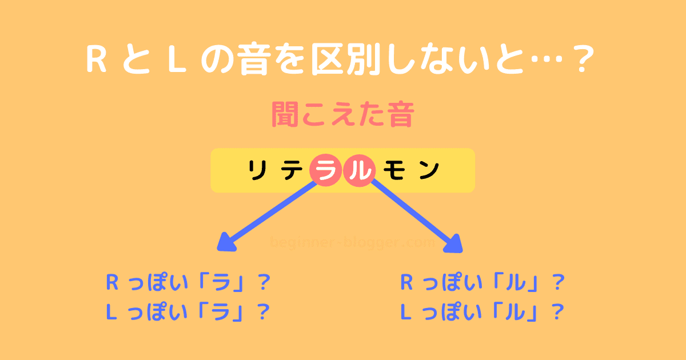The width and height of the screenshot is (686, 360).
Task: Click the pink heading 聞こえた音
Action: [x=342, y=115]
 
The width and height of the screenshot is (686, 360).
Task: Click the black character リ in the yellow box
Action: [x=260, y=170]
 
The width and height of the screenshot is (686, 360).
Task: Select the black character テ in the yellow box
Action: [x=293, y=170]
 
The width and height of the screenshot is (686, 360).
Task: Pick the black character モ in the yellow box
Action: [x=393, y=170]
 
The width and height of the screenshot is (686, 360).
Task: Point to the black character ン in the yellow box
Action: [x=428, y=170]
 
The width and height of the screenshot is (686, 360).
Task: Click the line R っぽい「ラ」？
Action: [x=188, y=283]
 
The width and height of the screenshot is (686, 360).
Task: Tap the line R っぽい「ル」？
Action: [x=482, y=283]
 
